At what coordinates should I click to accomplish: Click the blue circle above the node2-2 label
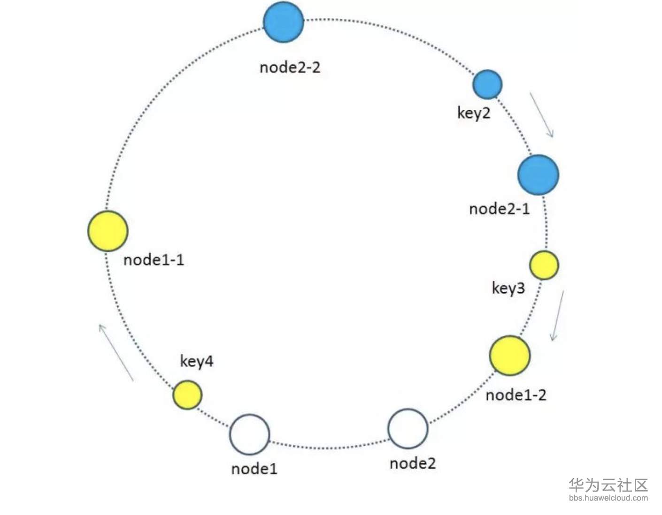pyautogui.click(x=283, y=22)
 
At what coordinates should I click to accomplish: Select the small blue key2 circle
pyautogui.click(x=487, y=84)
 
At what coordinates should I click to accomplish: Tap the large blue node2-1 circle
pyautogui.click(x=538, y=174)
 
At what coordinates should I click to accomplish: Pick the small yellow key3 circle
pyautogui.click(x=544, y=265)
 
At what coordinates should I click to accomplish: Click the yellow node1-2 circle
pyautogui.click(x=509, y=356)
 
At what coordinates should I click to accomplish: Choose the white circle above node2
pyautogui.click(x=408, y=429)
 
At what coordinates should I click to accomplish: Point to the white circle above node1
pyautogui.click(x=249, y=434)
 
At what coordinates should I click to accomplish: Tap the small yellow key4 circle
pyautogui.click(x=187, y=395)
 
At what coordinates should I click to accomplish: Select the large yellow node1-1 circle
pyautogui.click(x=108, y=231)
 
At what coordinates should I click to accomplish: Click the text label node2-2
pyautogui.click(x=290, y=68)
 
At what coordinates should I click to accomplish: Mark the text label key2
pyautogui.click(x=473, y=113)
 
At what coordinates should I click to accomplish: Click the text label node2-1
pyautogui.click(x=499, y=209)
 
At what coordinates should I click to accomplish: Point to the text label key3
pyautogui.click(x=508, y=288)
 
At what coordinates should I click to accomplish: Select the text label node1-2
pyautogui.click(x=516, y=395)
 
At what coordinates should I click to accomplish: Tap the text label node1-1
pyautogui.click(x=154, y=260)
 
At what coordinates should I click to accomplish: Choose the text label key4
pyautogui.click(x=196, y=361)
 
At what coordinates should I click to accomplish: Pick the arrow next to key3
pyautogui.click(x=557, y=315)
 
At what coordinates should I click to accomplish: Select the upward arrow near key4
pyautogui.click(x=116, y=352)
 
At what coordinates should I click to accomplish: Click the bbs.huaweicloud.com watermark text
pyautogui.click(x=608, y=498)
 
